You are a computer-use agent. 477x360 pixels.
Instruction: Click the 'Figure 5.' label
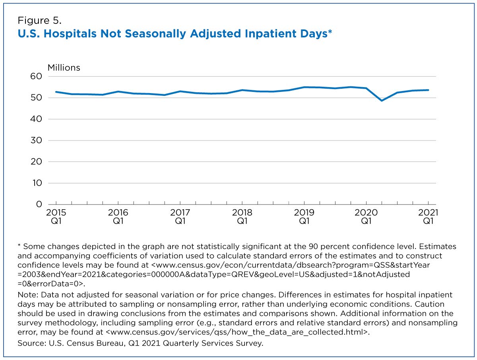tap(39, 20)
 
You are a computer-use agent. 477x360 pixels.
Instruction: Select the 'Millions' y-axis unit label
tap(64, 68)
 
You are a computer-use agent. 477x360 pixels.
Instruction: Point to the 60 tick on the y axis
tap(36, 76)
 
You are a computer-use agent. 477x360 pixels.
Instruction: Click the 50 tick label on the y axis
tap(36, 97)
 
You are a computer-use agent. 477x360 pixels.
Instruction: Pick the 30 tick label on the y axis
tap(36, 140)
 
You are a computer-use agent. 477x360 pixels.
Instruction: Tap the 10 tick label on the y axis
tap(37, 183)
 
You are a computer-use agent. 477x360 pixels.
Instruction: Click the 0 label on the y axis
tap(39, 204)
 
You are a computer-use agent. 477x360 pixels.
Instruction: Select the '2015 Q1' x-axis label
tap(56, 217)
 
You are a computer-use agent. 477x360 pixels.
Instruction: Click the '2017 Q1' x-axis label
tap(180, 217)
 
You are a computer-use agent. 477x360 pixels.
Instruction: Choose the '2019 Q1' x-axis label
tap(304, 217)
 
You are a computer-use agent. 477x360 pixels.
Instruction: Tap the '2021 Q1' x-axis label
tap(428, 217)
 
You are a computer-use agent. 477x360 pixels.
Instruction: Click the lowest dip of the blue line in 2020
tap(382, 101)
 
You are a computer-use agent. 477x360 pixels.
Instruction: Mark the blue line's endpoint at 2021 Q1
tap(428, 90)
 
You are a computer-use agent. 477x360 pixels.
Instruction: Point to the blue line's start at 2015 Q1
tap(56, 92)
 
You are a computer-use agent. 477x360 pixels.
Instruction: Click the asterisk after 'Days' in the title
tap(330, 31)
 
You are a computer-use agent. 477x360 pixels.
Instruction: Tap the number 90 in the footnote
tap(313, 247)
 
